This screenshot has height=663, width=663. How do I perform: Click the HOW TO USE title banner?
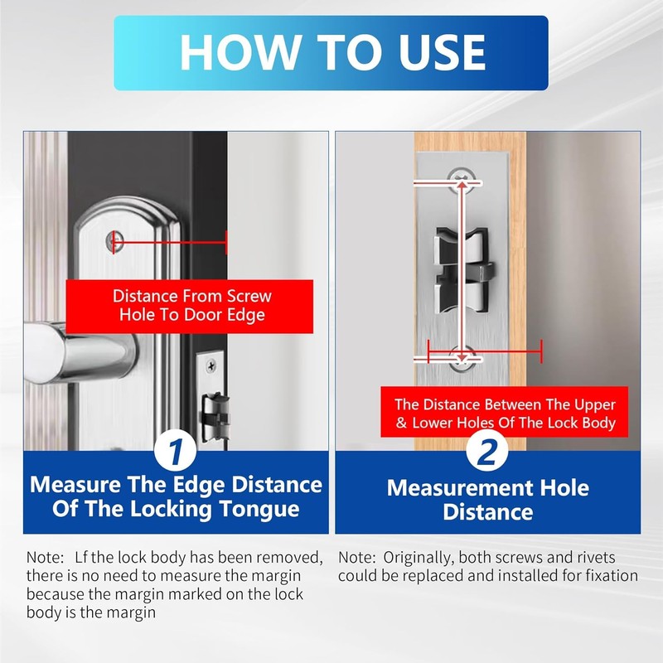tap(331, 52)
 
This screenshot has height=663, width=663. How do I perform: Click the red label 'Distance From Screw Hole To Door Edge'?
tap(192, 306)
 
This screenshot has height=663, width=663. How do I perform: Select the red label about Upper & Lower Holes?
tap(505, 414)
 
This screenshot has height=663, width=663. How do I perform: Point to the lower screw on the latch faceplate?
tap(461, 357)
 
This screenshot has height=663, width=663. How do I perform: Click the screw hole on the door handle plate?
tap(114, 242)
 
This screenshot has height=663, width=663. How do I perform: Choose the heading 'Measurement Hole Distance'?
tap(487, 499)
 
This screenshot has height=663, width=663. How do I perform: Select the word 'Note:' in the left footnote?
tap(44, 558)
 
